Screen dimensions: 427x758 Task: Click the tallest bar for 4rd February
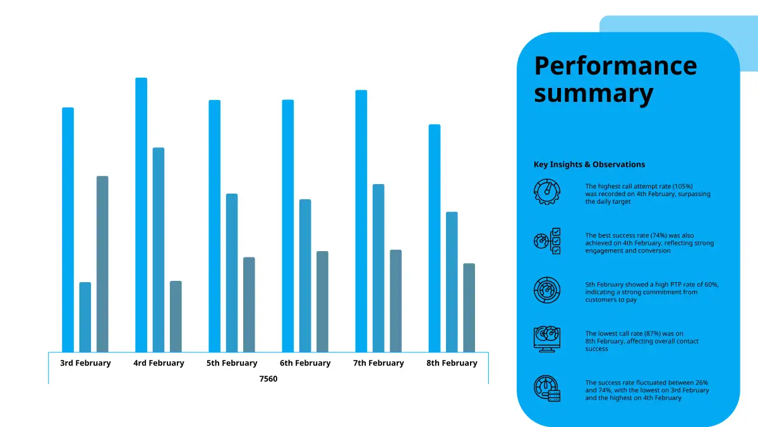pos(141,215)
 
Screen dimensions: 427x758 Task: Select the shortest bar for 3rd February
pos(85,317)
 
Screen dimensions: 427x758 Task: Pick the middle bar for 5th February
pos(232,273)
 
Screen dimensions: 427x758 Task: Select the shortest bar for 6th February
pos(322,301)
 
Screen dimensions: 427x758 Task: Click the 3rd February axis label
pos(85,363)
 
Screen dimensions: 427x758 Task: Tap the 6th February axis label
pos(305,363)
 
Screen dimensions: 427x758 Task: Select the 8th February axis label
pos(452,363)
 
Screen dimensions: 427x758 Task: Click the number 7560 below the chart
pos(268,379)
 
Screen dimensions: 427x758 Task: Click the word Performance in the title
pos(615,66)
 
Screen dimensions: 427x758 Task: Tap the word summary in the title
pos(593,94)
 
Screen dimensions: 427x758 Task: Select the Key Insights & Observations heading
pos(589,164)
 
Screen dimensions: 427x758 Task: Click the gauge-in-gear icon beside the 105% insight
pos(547,191)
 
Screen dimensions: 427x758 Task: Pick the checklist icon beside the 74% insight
pos(547,241)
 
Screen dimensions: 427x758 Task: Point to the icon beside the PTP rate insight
pos(547,290)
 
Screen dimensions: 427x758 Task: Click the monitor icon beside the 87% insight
pos(547,340)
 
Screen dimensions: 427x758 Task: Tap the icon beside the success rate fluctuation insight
pos(547,389)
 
